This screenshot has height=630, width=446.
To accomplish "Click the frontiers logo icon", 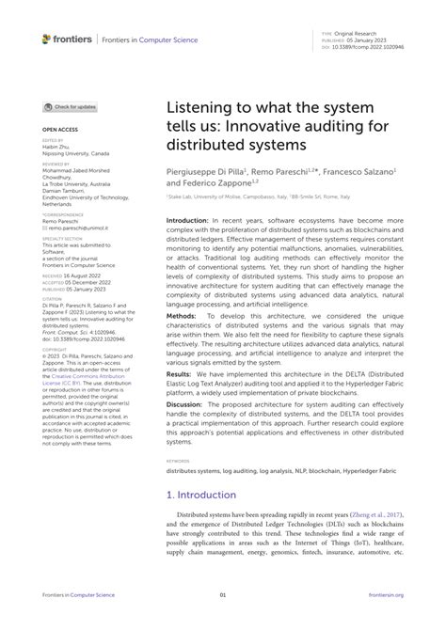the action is coord(46,39).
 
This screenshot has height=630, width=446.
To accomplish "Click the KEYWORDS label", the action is coord(178,461).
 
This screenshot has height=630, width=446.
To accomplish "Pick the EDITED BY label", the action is coord(55,140).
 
